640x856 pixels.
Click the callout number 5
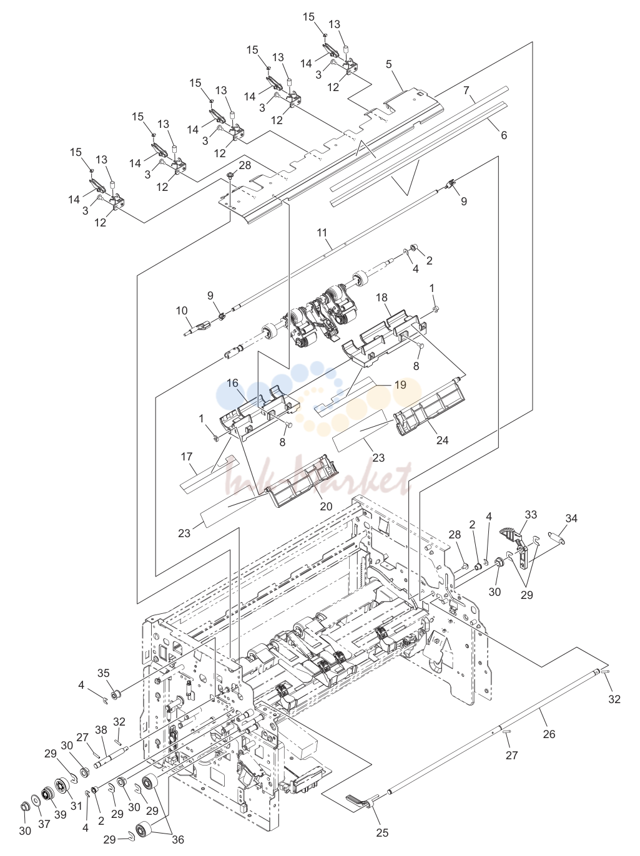[x=389, y=64]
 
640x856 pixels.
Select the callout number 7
[x=466, y=91]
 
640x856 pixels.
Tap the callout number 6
[x=504, y=135]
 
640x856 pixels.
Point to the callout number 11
[x=322, y=233]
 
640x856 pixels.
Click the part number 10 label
[x=182, y=311]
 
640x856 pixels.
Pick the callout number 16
[x=232, y=383]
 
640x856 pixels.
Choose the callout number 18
[x=382, y=298]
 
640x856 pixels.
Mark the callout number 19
[x=400, y=385]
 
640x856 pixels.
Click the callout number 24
[x=442, y=440]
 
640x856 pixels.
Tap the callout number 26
[x=549, y=734]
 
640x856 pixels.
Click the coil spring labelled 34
[x=555, y=538]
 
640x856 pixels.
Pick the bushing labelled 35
[x=116, y=694]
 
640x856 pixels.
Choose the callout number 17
[x=187, y=456]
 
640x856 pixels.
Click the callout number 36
[x=178, y=838]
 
